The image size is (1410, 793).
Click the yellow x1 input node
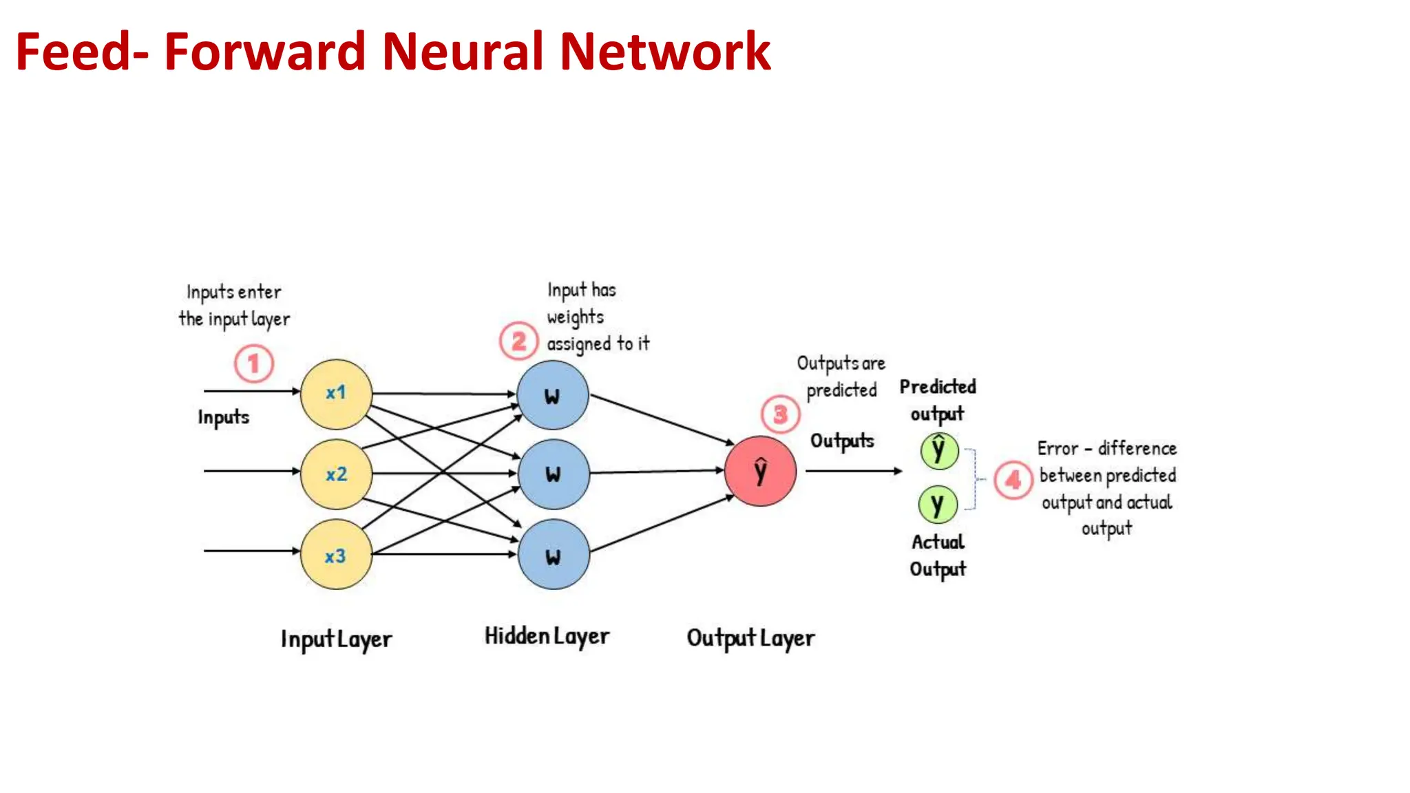point(336,394)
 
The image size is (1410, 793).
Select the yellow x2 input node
point(336,474)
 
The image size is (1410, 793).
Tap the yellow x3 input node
point(336,555)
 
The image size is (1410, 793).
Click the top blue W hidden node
point(553,395)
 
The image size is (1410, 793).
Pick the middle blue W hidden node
point(554,474)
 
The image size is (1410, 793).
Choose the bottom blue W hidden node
point(554,555)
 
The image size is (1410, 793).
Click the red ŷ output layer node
point(760,471)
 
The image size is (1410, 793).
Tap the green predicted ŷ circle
point(939,451)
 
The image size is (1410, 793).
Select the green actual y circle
point(938,505)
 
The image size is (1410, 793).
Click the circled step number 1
point(254,363)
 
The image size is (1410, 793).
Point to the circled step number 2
point(518,341)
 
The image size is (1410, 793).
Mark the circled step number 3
point(780,414)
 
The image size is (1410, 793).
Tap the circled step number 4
point(1013,480)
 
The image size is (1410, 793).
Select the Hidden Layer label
point(547,636)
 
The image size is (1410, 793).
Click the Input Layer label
point(336,639)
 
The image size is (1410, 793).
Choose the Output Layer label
point(750,638)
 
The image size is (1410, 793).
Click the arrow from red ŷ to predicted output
point(854,471)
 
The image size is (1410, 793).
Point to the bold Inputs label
point(223,417)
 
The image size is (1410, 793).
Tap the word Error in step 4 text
point(1057,449)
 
